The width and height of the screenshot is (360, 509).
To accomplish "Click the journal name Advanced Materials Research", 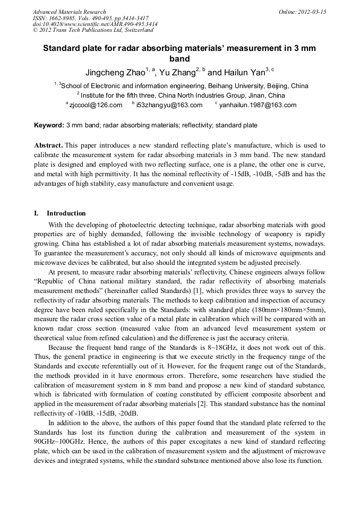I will [69, 12].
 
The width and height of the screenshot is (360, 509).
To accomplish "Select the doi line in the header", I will [95, 24].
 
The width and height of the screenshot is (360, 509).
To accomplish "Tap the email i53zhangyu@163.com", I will [169, 105].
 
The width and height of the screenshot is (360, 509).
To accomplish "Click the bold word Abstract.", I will [48, 145].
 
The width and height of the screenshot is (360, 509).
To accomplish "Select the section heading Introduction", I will [66, 213].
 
